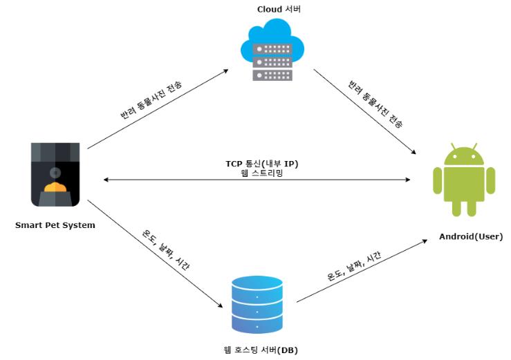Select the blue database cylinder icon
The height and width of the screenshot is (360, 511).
(x=258, y=305)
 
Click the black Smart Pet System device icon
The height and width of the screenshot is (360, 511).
(x=55, y=175)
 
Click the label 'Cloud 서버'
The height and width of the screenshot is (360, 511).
(x=279, y=9)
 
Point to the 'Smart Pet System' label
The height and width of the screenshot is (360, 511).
(x=55, y=225)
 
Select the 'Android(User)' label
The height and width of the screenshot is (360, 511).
(x=471, y=237)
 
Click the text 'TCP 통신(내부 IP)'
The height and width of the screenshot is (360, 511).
(x=261, y=163)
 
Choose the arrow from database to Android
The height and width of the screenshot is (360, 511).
(x=360, y=273)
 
